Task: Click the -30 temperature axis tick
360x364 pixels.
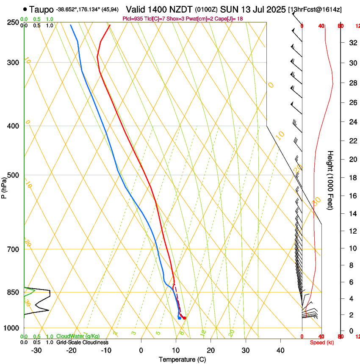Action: click(x=36, y=350)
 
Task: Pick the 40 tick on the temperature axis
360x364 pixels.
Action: click(x=280, y=350)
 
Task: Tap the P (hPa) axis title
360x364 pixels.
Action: click(x=4, y=187)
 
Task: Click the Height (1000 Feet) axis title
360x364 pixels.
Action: click(x=330, y=180)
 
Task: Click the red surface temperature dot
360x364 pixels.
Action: click(x=184, y=318)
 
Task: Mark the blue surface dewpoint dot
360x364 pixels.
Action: click(x=180, y=318)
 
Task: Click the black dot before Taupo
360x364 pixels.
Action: click(x=25, y=8)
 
